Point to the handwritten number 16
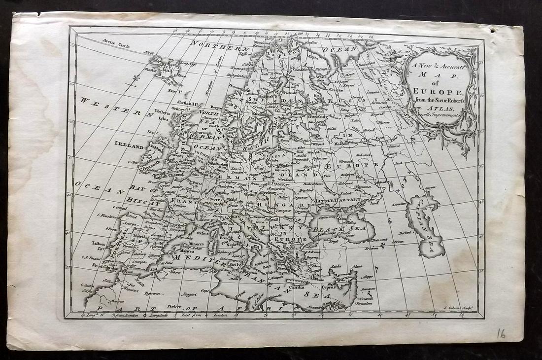point(501,334)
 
